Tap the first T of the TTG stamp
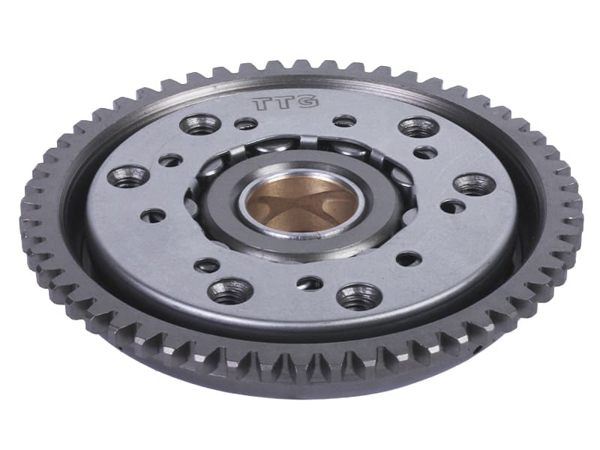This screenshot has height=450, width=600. pos(262,103)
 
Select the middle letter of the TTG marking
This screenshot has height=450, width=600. pos(284,103)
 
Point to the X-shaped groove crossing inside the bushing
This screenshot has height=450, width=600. pos(302,205)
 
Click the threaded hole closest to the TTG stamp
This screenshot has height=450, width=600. pos(200,124)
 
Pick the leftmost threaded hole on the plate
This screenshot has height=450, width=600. pos(128,176)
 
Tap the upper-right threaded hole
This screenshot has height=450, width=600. pos(418,127)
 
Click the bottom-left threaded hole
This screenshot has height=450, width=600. pos(230,290)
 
